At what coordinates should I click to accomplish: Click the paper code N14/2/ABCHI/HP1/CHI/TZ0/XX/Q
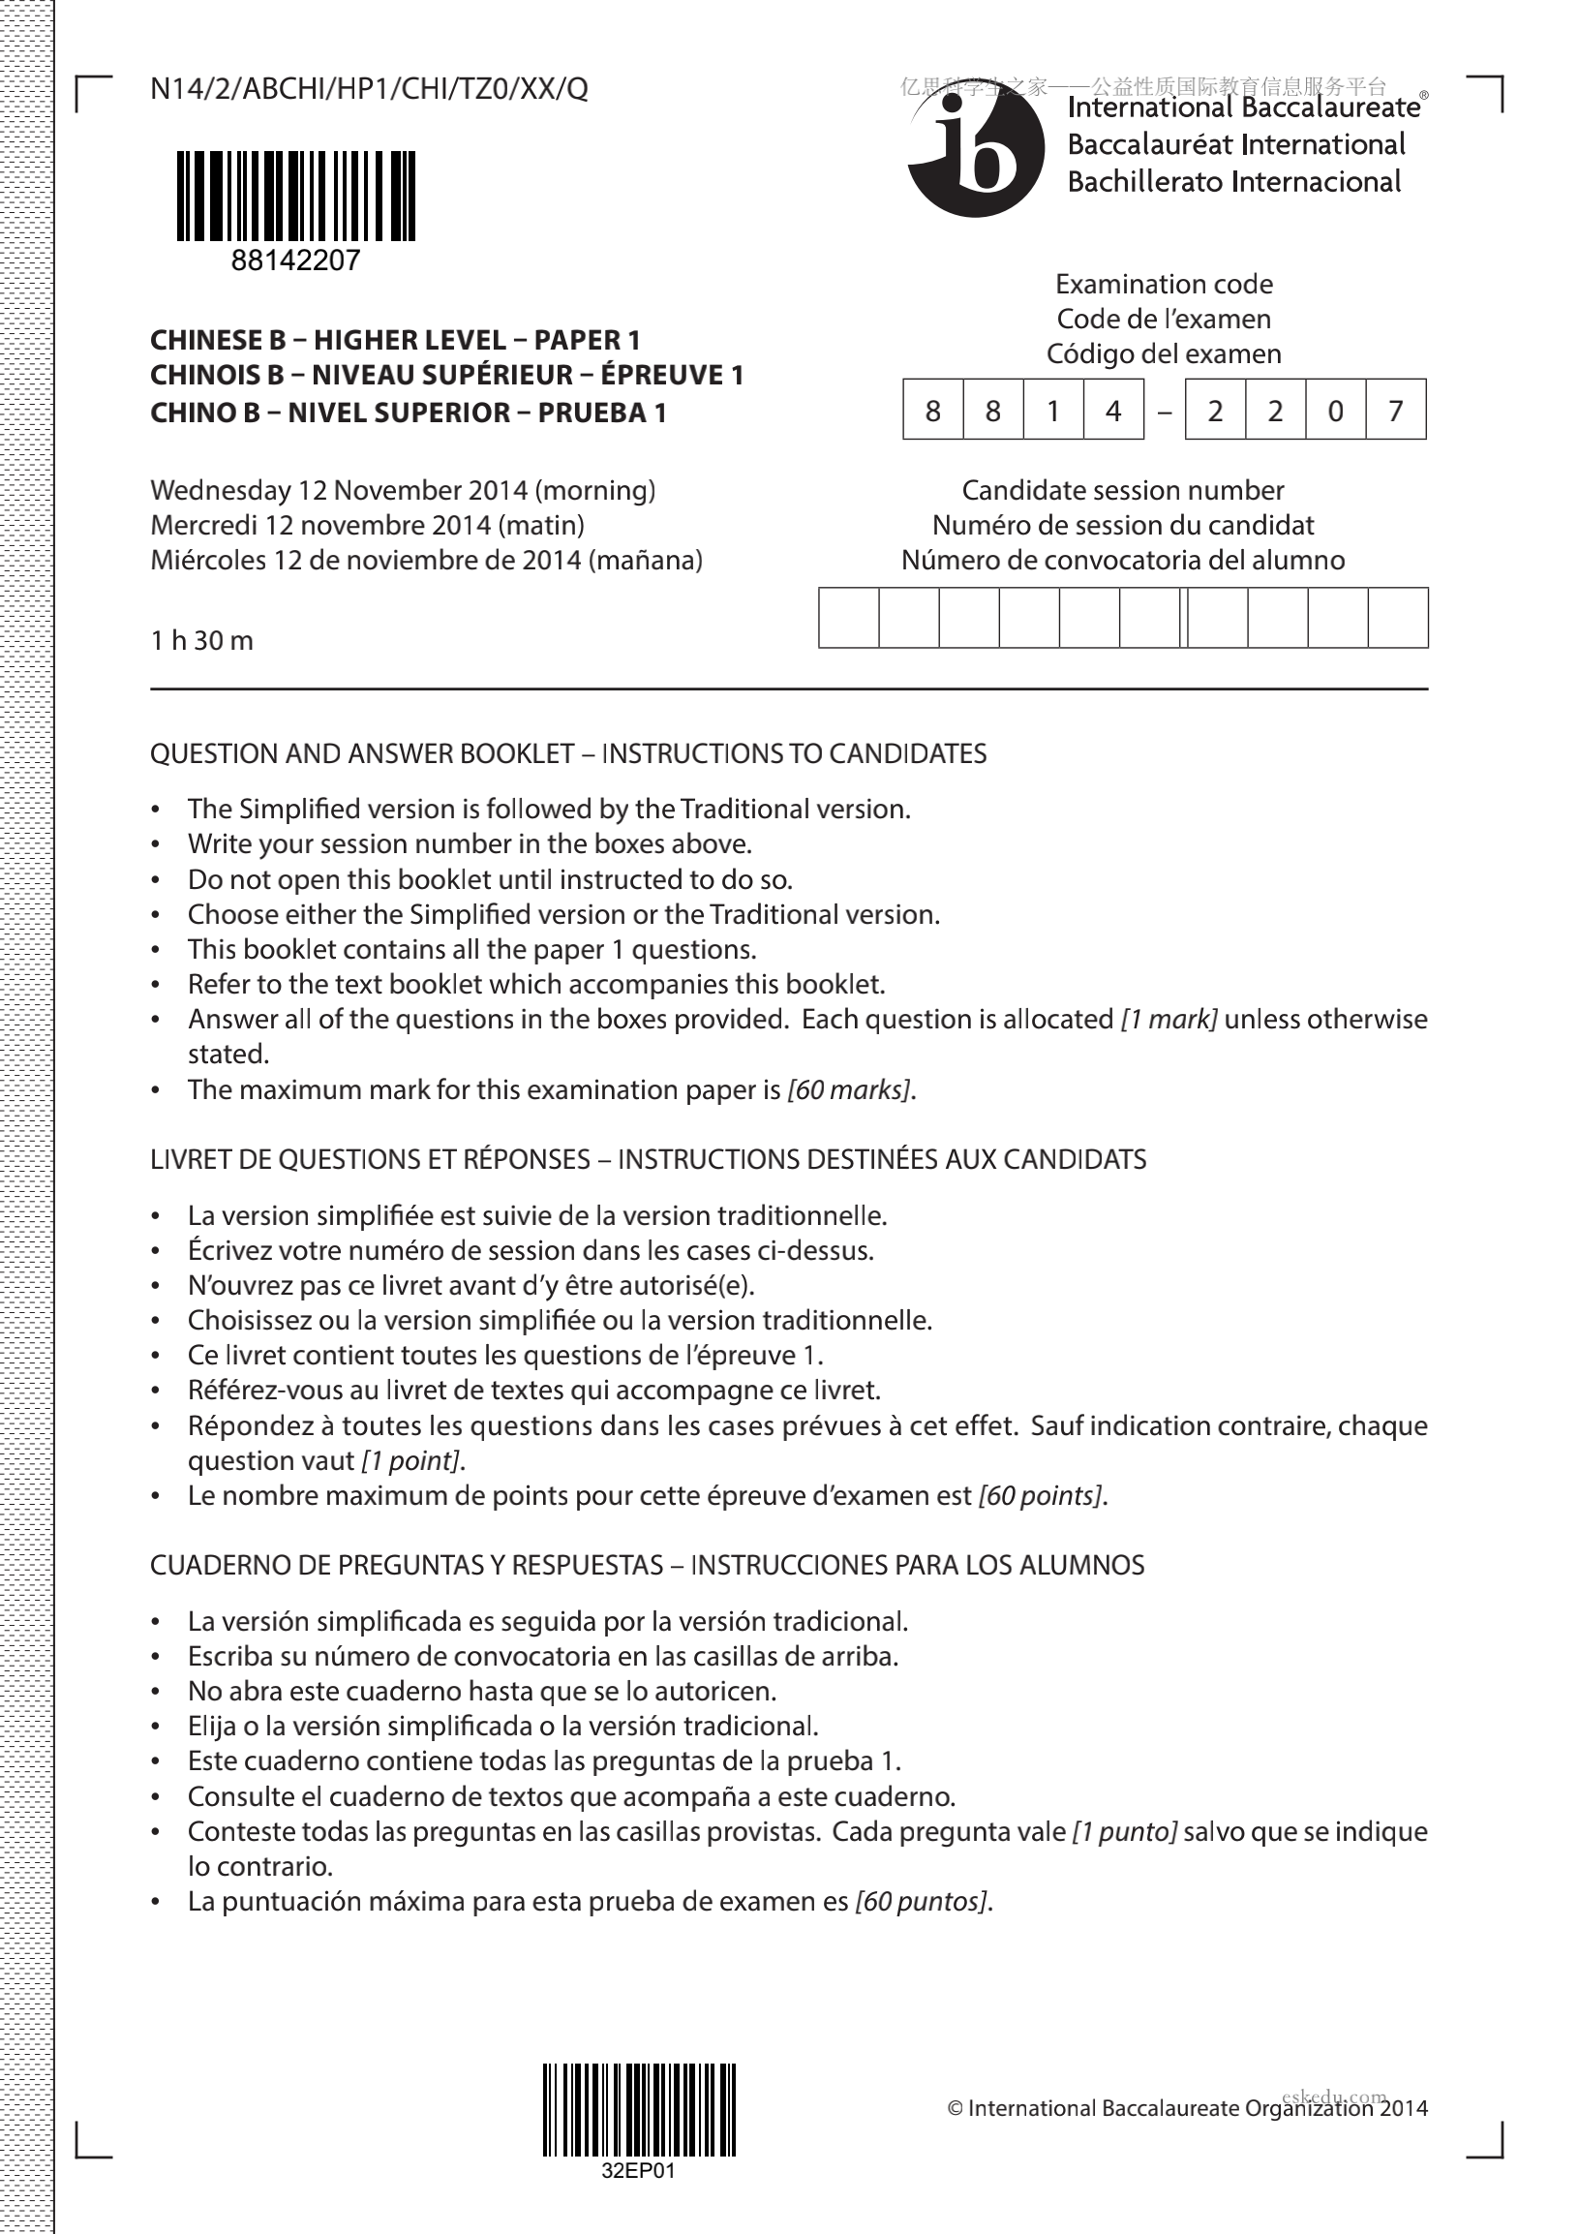coord(369,89)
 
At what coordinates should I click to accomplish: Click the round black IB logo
coord(976,152)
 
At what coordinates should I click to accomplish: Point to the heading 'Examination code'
coord(1164,284)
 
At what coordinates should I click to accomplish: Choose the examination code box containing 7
coord(1395,410)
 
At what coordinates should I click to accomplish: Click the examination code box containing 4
coord(1113,410)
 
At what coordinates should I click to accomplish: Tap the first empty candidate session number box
coord(848,617)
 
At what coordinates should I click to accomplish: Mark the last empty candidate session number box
coord(1397,617)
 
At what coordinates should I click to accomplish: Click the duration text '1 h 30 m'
coord(201,640)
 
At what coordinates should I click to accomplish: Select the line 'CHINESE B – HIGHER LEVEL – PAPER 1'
coord(395,340)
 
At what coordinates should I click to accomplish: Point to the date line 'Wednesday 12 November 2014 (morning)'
coord(403,489)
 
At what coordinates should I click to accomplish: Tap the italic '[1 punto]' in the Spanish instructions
coord(1124,1831)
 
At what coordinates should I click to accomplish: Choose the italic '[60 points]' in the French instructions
coord(1041,1494)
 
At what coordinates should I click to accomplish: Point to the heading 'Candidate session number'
coord(1123,489)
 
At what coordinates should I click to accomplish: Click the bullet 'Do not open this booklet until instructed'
coord(490,878)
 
